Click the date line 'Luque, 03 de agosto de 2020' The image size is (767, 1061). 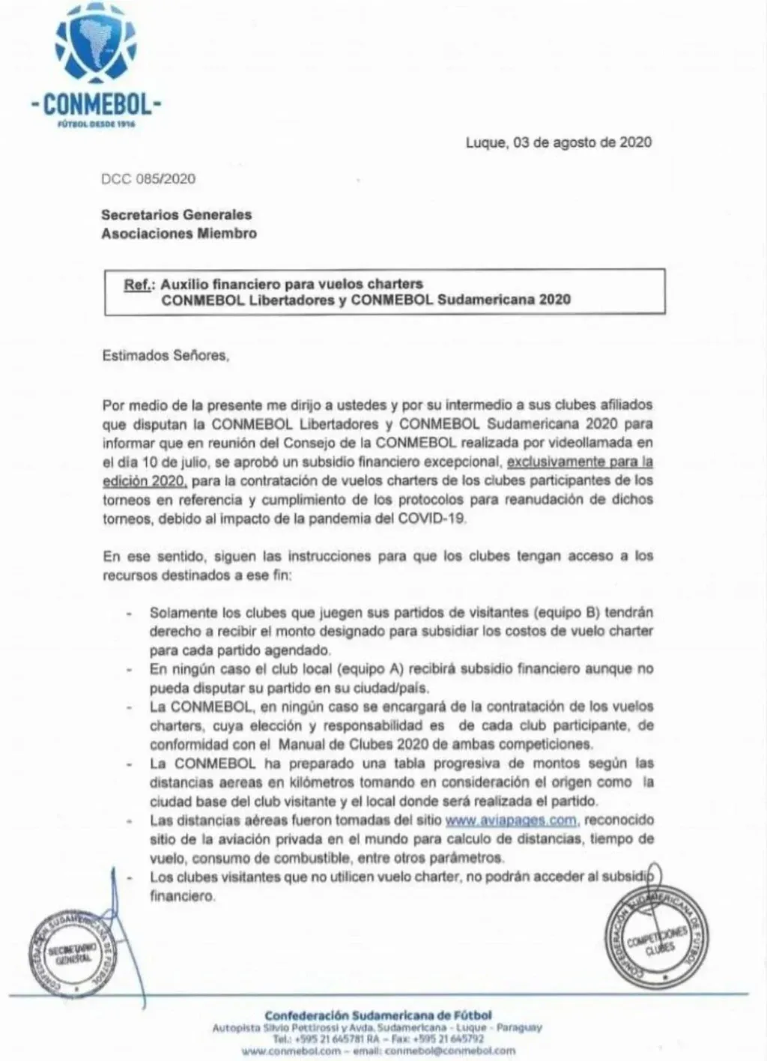[558, 142]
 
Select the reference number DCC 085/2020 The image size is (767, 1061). [148, 179]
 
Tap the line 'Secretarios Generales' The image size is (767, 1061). [176, 215]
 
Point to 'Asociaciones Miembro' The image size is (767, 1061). [178, 234]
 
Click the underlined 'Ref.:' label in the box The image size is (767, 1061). [139, 285]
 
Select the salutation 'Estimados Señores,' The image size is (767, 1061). [166, 356]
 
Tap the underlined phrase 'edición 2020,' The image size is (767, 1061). [144, 480]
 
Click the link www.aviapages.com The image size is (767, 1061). [511, 820]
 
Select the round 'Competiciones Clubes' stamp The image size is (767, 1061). [656, 937]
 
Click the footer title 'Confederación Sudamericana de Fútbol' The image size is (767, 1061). [378, 1015]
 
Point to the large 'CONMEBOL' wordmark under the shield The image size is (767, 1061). [97, 103]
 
